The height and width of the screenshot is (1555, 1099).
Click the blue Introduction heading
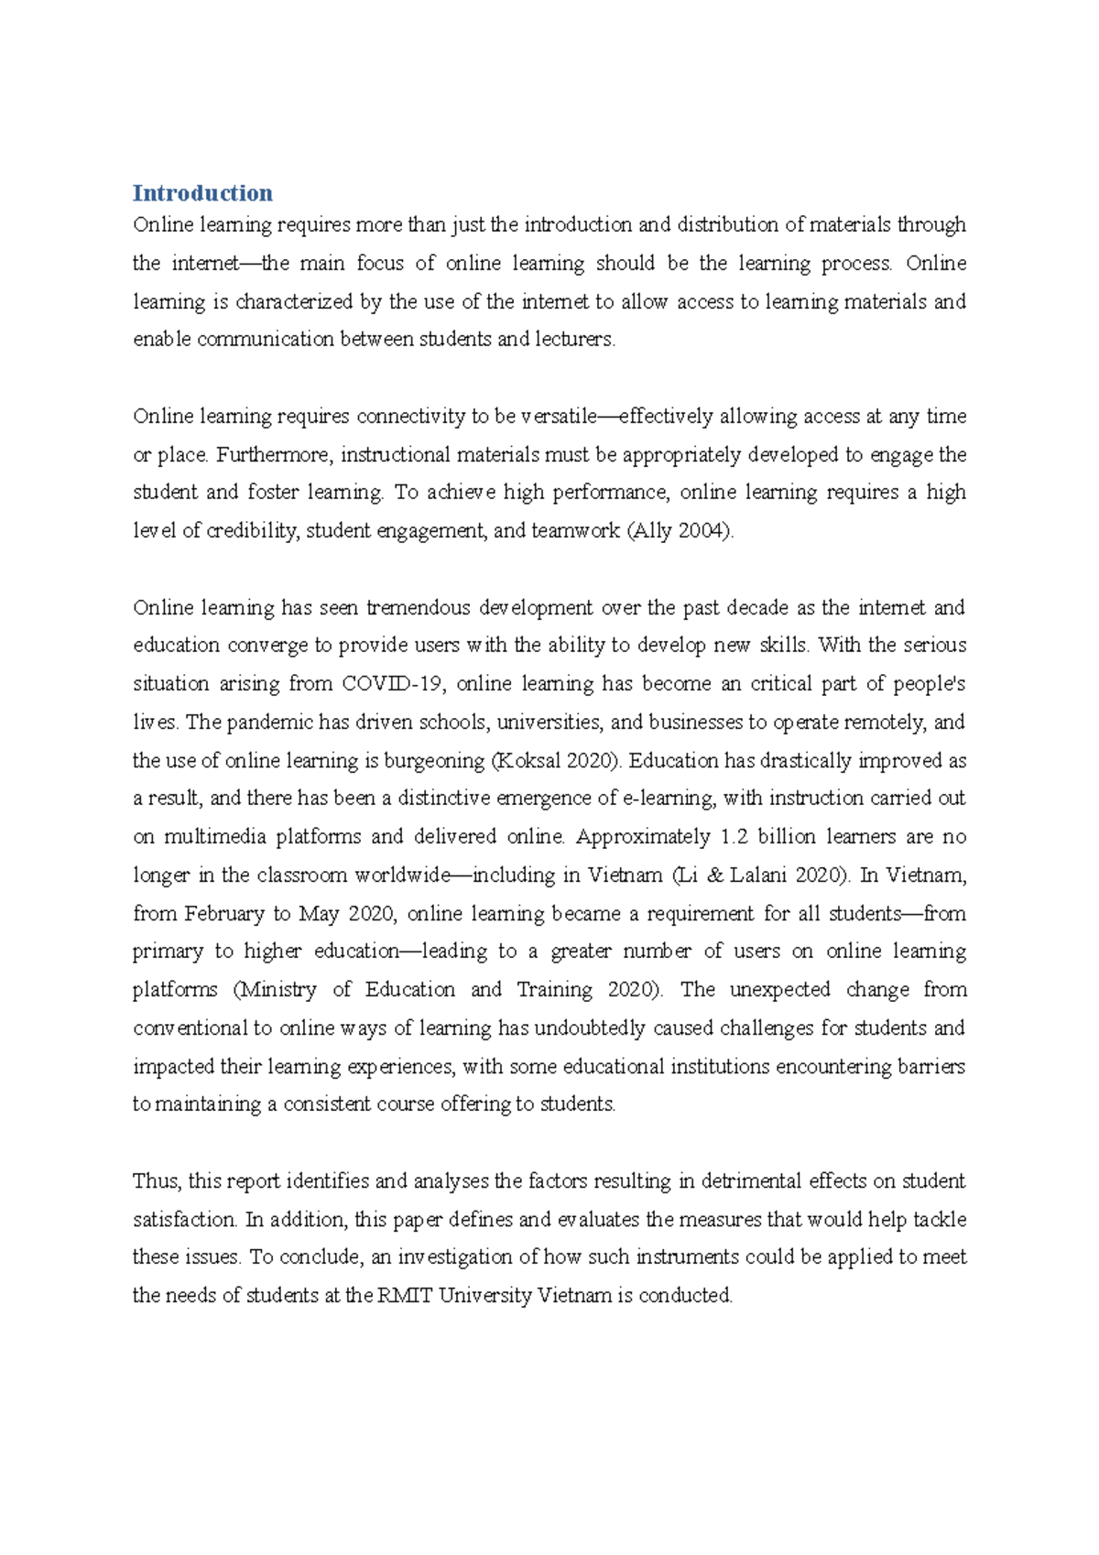click(x=202, y=193)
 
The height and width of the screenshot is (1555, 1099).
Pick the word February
click(x=223, y=914)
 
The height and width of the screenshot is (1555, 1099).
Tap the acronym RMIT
click(x=405, y=1296)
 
